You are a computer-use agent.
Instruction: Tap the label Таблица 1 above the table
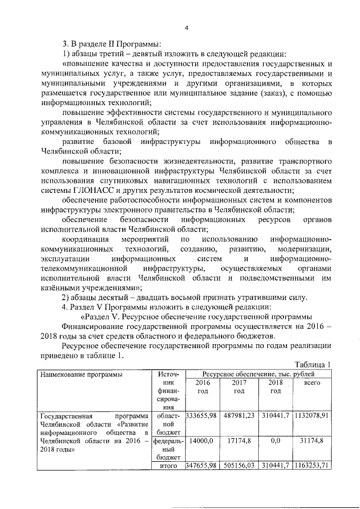pos(312,364)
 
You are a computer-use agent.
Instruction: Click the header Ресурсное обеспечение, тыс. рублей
pos(259,373)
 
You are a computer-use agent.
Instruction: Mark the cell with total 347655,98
pos(201,466)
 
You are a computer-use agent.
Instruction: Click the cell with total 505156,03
pos(239,466)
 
